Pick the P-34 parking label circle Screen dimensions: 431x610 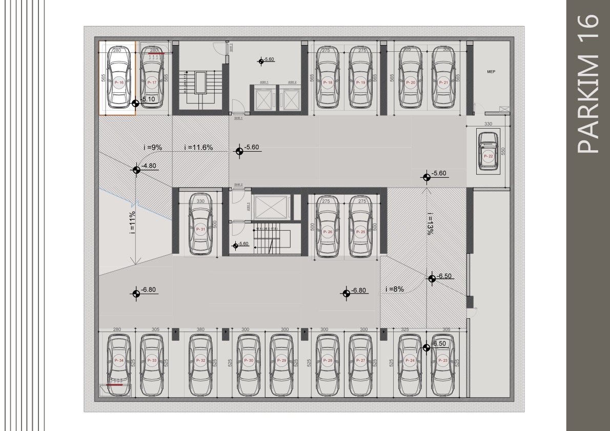[119, 361]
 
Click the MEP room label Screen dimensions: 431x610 [491, 72]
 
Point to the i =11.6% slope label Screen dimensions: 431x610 [198, 148]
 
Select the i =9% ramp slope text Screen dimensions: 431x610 [152, 148]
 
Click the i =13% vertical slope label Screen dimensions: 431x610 [430, 223]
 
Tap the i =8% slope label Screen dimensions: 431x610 [395, 289]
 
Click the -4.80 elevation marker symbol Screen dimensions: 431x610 [136, 170]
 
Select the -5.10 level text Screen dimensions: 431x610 [148, 99]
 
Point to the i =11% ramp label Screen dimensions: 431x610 [132, 222]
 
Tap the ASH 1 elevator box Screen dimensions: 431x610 [263, 97]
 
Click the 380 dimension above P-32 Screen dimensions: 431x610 [201, 330]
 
